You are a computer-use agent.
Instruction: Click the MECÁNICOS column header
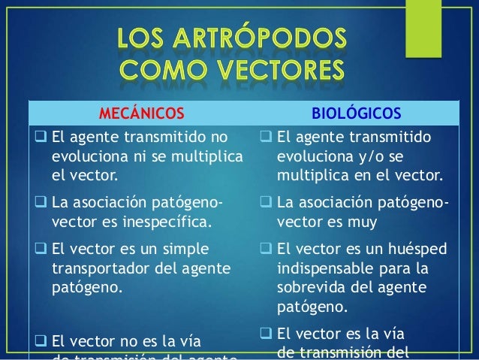point(141,113)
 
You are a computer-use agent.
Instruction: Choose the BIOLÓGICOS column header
point(356,113)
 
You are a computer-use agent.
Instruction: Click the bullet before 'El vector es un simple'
point(41,249)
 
